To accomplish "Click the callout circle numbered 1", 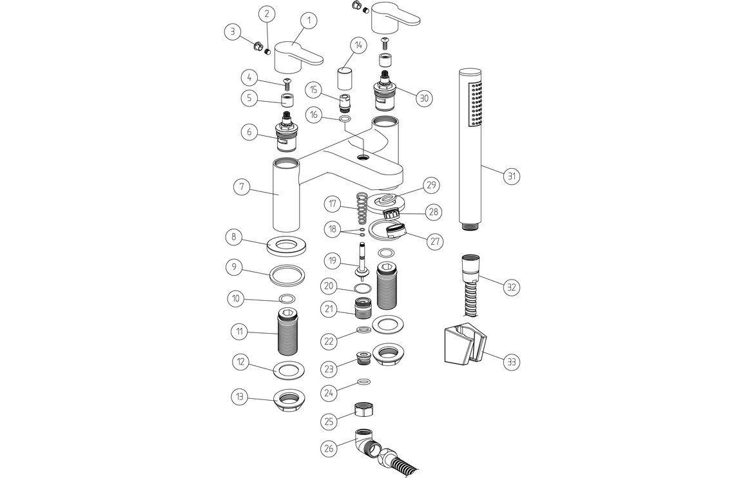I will point(308,21).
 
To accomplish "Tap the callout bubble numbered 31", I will point(511,176).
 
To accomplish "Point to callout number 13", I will point(240,397).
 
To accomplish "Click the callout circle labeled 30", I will point(423,98).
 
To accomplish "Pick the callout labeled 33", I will point(511,361).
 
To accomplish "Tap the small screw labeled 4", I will point(287,82).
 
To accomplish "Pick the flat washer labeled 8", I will point(287,245).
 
